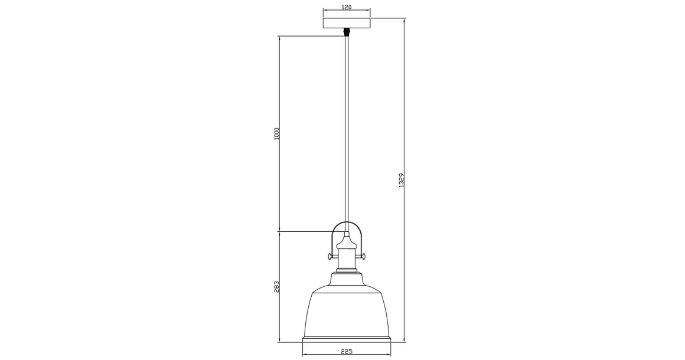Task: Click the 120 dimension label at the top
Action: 347,7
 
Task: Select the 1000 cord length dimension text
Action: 276,133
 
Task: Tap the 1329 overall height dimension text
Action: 401,180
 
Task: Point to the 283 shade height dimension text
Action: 276,286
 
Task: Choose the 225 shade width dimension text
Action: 347,352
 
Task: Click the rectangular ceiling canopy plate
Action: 347,24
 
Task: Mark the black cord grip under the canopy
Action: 347,32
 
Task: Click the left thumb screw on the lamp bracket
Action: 328,256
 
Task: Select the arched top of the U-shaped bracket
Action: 347,224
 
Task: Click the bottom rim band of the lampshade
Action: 347,341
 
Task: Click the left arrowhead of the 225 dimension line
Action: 305,355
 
